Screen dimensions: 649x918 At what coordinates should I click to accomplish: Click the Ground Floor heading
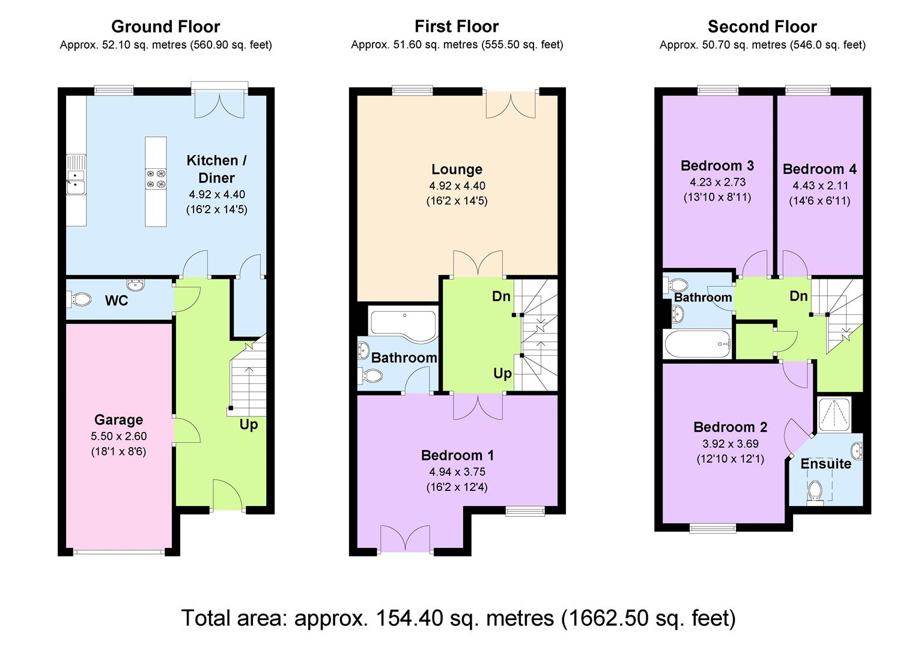[165, 26]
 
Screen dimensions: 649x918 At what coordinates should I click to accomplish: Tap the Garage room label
[118, 419]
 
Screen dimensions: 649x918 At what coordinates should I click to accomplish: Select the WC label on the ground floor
[117, 300]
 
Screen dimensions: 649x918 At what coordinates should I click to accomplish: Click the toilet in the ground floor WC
[79, 298]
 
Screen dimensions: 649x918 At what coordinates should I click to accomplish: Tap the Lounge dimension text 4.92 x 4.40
[457, 186]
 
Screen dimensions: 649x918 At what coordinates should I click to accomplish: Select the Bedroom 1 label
[457, 455]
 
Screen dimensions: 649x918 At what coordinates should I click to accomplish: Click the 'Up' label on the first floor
[502, 373]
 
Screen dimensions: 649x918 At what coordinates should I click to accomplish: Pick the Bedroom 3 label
[717, 165]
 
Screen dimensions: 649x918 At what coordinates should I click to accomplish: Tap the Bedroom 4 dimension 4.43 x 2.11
[819, 185]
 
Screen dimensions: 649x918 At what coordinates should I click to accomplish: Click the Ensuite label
[825, 464]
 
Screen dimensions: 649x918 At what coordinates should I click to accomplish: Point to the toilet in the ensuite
[815, 491]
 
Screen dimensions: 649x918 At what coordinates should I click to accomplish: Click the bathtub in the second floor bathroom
[698, 344]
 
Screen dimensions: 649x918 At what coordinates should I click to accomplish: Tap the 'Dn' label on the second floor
[798, 296]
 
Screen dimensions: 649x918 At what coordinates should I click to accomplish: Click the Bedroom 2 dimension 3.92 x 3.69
[730, 444]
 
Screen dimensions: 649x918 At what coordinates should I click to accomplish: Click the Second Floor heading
[762, 26]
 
